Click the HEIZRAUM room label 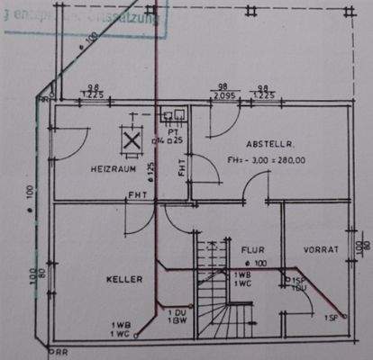(112, 169)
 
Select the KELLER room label (124, 280)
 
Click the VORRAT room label (320, 249)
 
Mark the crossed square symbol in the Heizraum (132, 139)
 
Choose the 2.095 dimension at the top (224, 94)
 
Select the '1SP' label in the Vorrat (331, 318)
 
